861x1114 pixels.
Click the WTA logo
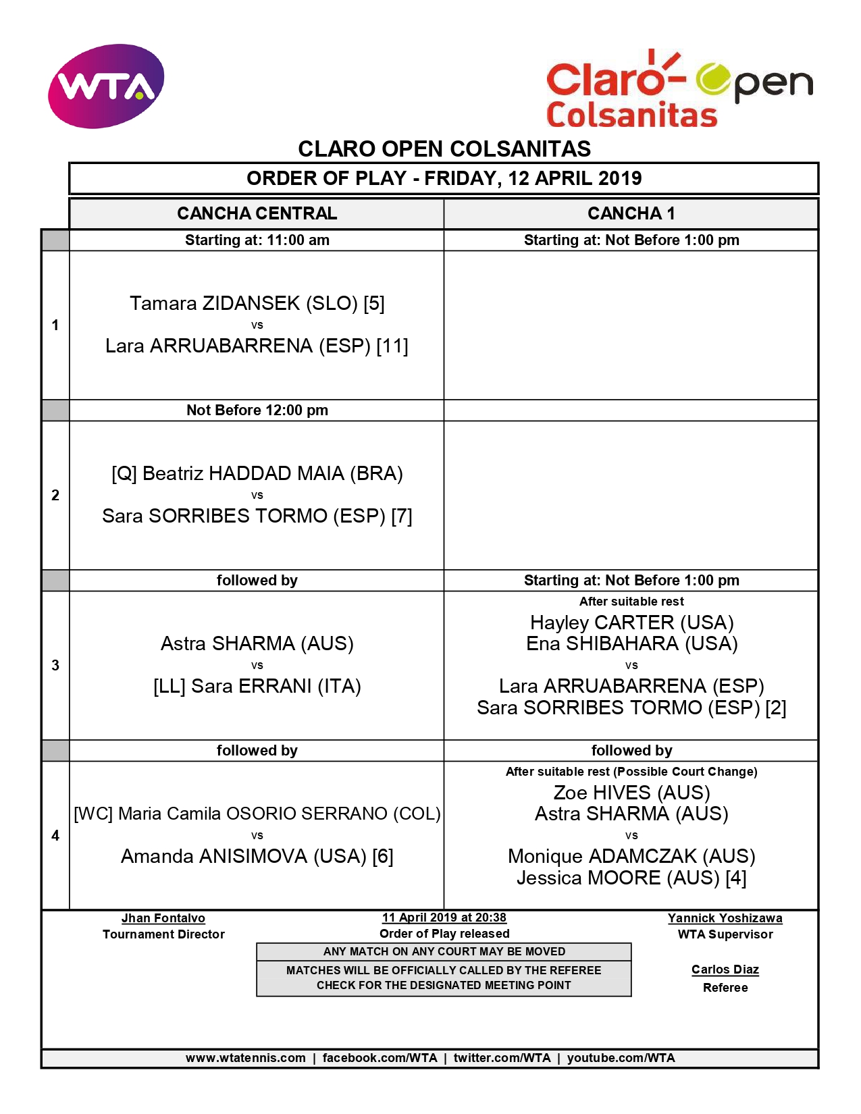click(106, 86)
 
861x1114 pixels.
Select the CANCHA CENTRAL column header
click(257, 213)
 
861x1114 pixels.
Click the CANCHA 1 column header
click(631, 213)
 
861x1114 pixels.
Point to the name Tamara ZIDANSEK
click(214, 303)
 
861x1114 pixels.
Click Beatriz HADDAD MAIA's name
click(243, 473)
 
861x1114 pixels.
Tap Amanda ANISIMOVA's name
click(214, 856)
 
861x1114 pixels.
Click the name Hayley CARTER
click(602, 622)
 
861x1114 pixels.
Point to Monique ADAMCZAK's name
click(602, 856)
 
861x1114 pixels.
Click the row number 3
click(55, 665)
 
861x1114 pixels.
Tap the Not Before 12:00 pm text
click(257, 410)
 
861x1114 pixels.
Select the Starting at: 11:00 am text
click(257, 240)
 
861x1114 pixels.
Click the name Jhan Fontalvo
click(163, 918)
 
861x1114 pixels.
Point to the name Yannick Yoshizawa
click(725, 918)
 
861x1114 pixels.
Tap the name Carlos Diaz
click(725, 970)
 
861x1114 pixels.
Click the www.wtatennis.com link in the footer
click(246, 1058)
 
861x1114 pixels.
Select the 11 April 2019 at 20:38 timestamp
click(444, 918)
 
